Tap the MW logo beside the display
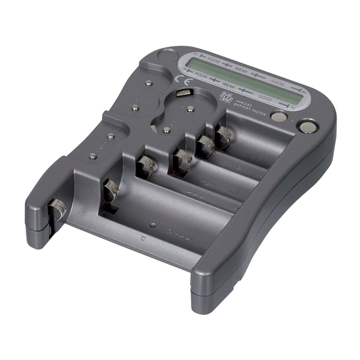pos(226,97)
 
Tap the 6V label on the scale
pos(195,54)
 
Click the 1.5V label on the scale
pos(183,69)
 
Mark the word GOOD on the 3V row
pos(265,97)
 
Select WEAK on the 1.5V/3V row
pos(228,85)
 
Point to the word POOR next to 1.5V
pos(202,75)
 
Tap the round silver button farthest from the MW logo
pos(307,127)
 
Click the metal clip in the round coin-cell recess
pos(183,93)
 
